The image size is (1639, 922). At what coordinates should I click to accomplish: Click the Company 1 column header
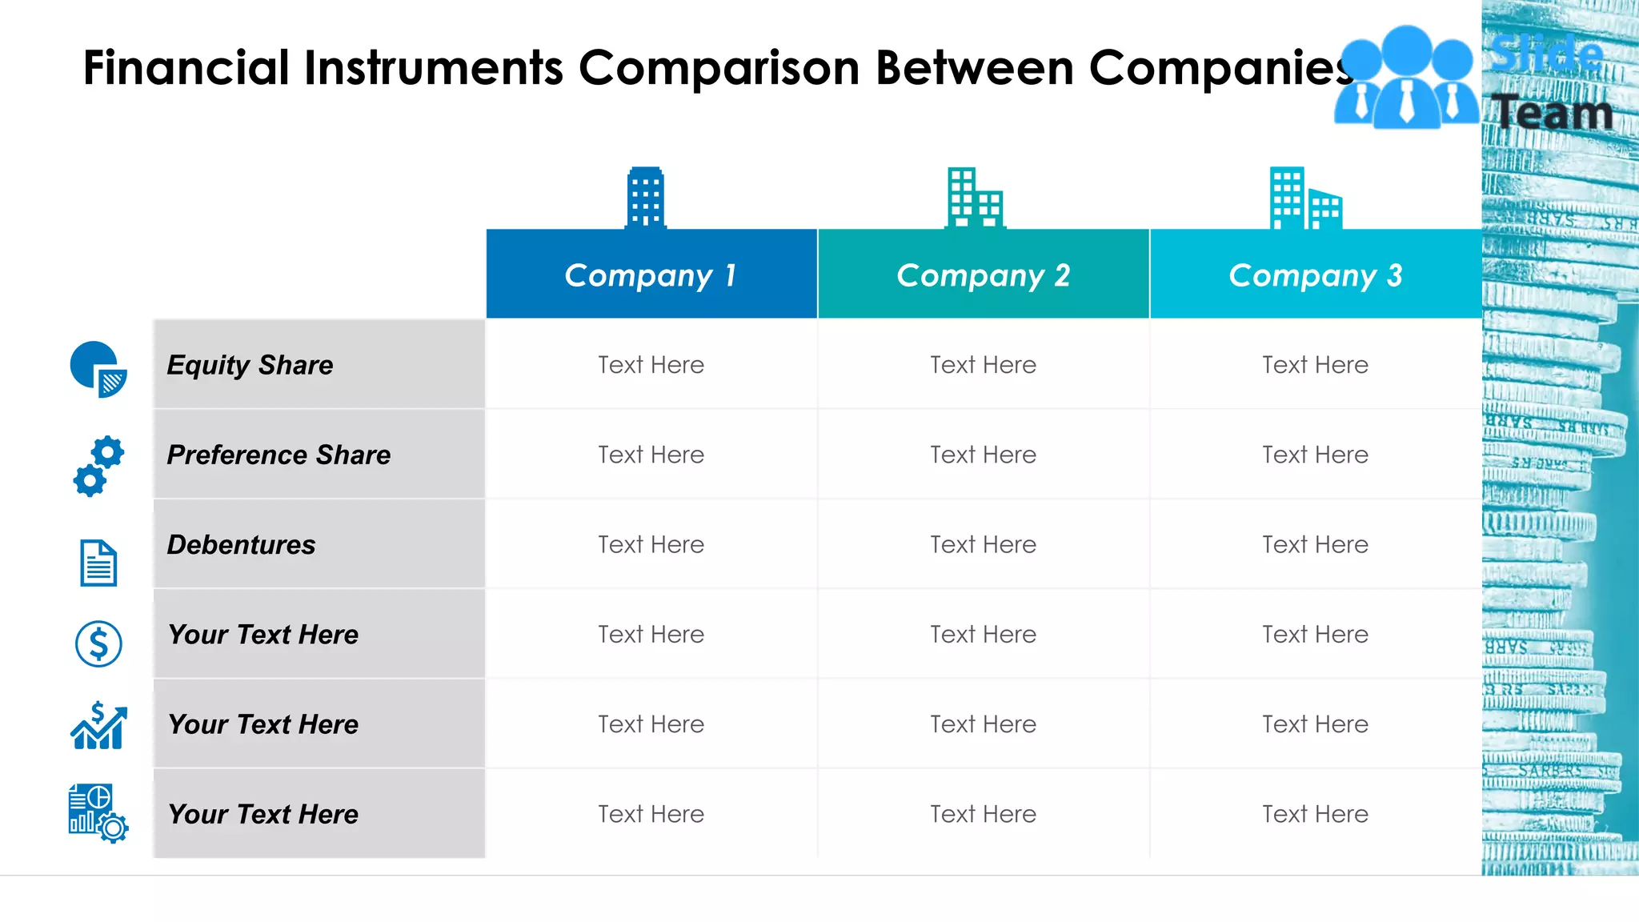[651, 275]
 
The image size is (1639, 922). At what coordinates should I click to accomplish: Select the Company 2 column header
[983, 275]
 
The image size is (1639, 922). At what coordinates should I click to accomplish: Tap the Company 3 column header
[1315, 275]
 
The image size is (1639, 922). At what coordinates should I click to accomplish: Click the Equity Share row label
[250, 365]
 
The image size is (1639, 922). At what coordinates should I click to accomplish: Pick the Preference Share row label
[279, 455]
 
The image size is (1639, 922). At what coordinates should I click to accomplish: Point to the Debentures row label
[241, 545]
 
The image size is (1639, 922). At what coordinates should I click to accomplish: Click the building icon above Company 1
[645, 198]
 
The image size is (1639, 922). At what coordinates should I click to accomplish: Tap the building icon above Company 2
[974, 198]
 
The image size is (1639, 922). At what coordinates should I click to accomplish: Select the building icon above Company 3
[1304, 198]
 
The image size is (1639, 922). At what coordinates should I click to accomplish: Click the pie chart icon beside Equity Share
[98, 369]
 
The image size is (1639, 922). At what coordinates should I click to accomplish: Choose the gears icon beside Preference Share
[98, 466]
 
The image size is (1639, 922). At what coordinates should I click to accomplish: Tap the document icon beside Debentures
[98, 563]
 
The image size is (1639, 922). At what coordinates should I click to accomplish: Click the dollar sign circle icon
[98, 643]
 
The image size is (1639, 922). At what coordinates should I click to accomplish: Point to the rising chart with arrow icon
[98, 726]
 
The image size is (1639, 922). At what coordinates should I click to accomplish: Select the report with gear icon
[98, 812]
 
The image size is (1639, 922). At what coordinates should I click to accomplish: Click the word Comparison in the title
[719, 67]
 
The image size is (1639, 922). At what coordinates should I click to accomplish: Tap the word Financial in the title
[186, 67]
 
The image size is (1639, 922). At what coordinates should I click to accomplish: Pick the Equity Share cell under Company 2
[983, 365]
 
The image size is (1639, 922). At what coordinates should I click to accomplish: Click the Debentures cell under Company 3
[1315, 545]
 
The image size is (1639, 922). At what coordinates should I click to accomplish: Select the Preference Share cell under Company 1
[651, 455]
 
